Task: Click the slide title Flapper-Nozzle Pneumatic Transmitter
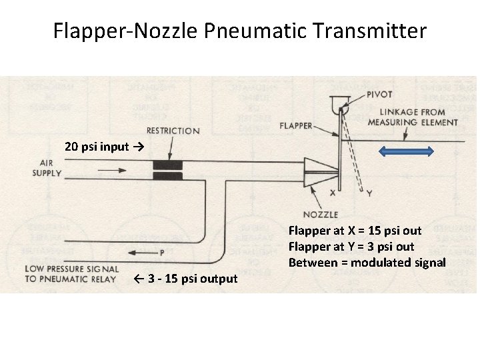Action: click(x=240, y=31)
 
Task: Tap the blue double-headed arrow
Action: click(x=406, y=151)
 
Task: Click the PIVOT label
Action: click(x=379, y=95)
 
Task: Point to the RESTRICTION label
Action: click(x=173, y=131)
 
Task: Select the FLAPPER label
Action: click(x=295, y=125)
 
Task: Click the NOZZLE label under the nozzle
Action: click(x=321, y=215)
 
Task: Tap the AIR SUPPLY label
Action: click(x=47, y=167)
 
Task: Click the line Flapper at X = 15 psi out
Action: click(x=355, y=231)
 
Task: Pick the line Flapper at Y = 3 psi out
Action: click(x=351, y=247)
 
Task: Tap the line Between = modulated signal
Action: click(x=367, y=263)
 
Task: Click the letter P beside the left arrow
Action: click(x=162, y=253)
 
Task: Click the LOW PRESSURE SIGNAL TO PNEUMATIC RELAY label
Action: click(x=71, y=273)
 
